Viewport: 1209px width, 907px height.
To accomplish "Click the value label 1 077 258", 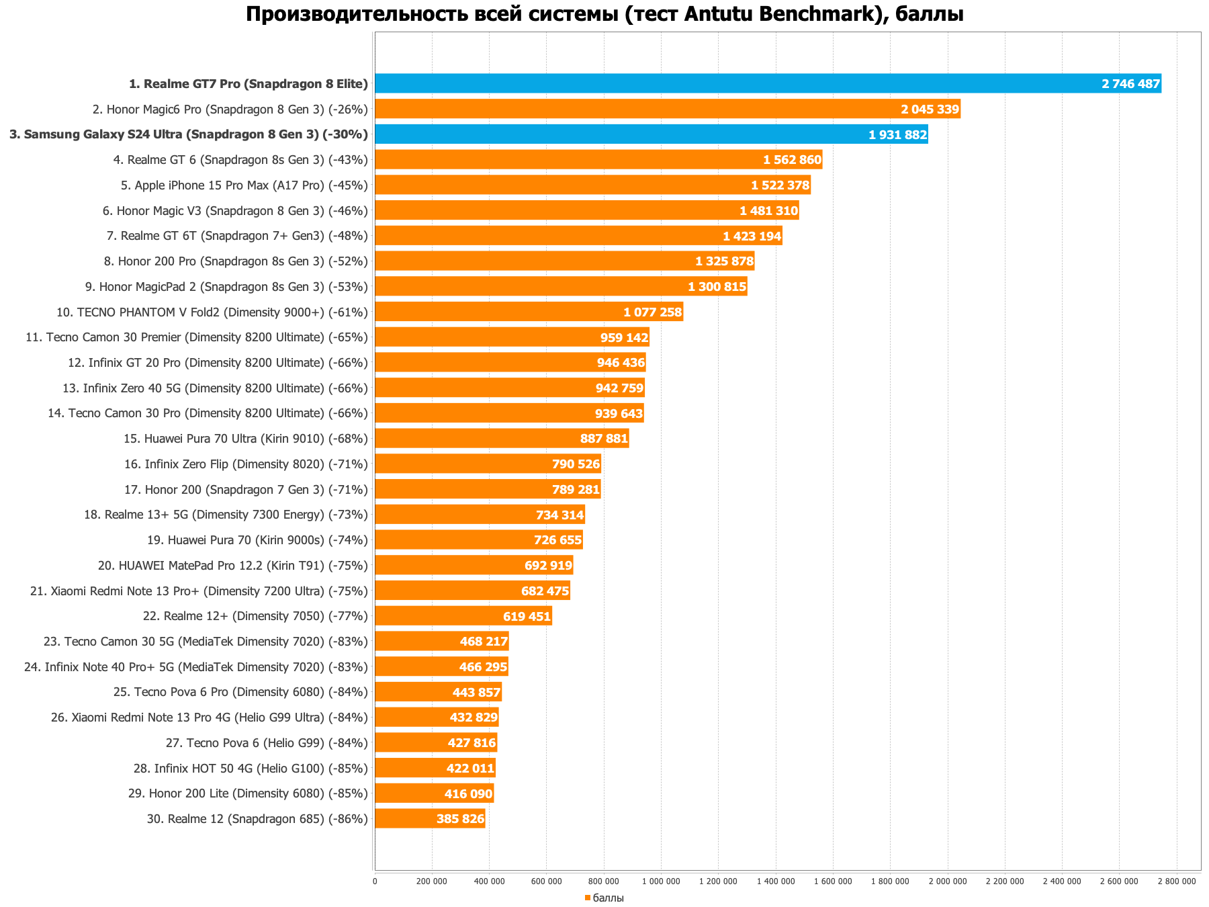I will tap(652, 312).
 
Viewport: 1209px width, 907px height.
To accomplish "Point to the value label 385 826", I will tap(460, 819).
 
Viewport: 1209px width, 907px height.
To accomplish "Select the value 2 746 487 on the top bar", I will tap(1130, 84).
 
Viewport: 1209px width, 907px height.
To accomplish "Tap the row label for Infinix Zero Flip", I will tap(246, 464).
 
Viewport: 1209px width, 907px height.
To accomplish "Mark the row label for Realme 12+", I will tap(255, 616).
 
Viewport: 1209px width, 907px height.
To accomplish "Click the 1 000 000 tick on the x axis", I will tap(661, 881).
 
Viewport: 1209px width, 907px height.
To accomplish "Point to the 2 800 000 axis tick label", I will tap(1177, 881).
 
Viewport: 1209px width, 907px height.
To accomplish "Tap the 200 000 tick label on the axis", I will tap(432, 881).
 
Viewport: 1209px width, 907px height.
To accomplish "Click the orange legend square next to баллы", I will tap(587, 898).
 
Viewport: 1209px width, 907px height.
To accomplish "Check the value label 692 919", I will tap(548, 566).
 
